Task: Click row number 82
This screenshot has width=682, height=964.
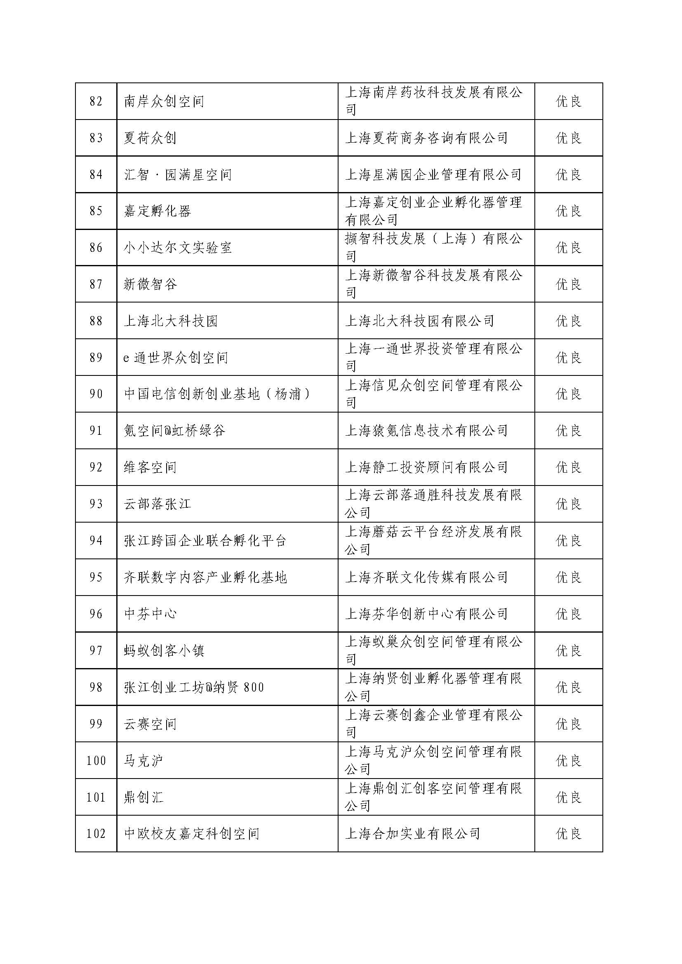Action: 96,101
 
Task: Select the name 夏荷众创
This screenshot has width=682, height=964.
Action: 150,138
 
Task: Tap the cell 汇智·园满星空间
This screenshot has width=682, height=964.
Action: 178,175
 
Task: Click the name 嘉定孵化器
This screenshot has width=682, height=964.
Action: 158,211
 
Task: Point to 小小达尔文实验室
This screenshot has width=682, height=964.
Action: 178,248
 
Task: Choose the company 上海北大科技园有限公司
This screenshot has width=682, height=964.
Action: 419,321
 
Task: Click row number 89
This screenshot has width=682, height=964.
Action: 96,358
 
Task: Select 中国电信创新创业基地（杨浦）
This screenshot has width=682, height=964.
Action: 217,394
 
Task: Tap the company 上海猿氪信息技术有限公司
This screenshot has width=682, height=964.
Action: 426,431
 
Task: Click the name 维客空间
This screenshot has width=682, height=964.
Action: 151,467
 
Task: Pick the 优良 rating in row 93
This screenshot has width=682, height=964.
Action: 569,504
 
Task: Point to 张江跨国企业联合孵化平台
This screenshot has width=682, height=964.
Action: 205,541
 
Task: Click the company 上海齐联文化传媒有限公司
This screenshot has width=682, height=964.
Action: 426,577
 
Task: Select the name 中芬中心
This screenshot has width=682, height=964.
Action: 151,614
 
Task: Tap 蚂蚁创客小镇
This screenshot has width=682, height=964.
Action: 164,651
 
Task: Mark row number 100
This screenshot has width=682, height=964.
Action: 96,761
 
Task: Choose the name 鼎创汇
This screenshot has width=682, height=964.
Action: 143,797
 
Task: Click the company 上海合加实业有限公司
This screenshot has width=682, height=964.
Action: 412,834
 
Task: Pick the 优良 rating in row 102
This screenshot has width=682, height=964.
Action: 569,834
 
